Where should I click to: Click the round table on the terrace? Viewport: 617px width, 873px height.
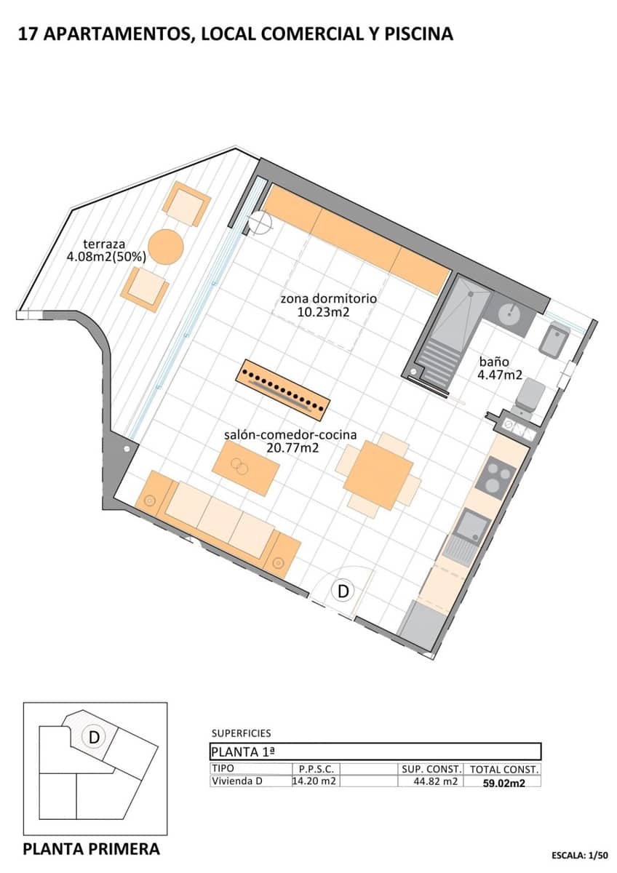[x=166, y=247]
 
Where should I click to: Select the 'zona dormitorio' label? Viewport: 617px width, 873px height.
[x=329, y=305]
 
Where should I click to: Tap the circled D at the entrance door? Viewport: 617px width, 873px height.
[x=343, y=591]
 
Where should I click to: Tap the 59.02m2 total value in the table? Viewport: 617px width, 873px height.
[x=504, y=782]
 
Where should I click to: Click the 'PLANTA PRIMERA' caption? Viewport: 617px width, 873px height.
[x=92, y=848]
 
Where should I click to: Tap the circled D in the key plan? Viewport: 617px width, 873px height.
[x=94, y=737]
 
